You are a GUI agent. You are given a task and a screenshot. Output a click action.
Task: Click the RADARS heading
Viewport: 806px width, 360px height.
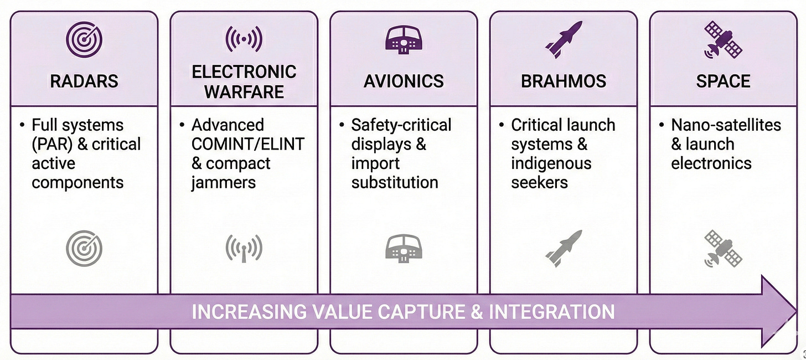(84, 81)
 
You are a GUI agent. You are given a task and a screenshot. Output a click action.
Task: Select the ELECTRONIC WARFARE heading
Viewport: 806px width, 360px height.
(244, 81)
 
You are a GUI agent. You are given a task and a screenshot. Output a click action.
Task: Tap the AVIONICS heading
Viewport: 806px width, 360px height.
(404, 81)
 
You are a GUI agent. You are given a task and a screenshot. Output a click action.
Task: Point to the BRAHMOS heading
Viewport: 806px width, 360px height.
(563, 81)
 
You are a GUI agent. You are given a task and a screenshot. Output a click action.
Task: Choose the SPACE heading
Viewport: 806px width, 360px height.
(723, 81)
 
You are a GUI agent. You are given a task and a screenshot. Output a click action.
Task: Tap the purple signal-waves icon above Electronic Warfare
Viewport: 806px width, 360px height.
(244, 39)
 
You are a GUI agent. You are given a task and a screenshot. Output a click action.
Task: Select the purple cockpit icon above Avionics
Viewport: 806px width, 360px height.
(404, 39)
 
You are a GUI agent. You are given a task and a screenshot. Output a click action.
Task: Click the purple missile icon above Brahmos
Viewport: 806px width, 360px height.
(564, 39)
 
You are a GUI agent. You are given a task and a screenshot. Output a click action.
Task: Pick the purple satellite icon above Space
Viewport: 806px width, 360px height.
(723, 39)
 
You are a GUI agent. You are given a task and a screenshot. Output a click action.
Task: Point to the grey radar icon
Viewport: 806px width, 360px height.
(84, 248)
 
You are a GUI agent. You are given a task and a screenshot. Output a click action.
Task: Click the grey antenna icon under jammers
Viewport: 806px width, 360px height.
(244, 248)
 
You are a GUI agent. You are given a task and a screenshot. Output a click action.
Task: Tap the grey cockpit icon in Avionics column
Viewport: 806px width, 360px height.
(404, 248)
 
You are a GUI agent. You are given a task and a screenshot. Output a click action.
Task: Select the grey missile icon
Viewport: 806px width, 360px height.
(564, 248)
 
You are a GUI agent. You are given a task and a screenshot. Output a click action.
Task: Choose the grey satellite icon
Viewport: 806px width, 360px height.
(723, 248)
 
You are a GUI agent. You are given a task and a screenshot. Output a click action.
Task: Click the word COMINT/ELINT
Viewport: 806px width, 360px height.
(247, 145)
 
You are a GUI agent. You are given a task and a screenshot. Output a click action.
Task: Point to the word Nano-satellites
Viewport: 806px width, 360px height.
(726, 125)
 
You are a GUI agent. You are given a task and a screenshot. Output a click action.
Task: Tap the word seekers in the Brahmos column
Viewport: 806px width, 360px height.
(539, 183)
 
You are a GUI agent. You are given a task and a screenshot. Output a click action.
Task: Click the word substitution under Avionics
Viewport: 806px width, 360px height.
(394, 183)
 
